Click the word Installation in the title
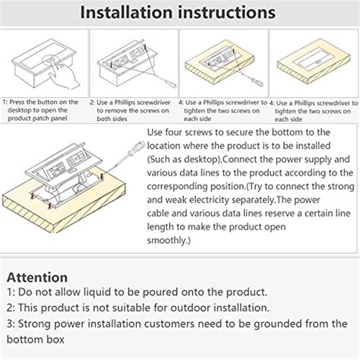[127, 13]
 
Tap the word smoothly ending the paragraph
[166, 240]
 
